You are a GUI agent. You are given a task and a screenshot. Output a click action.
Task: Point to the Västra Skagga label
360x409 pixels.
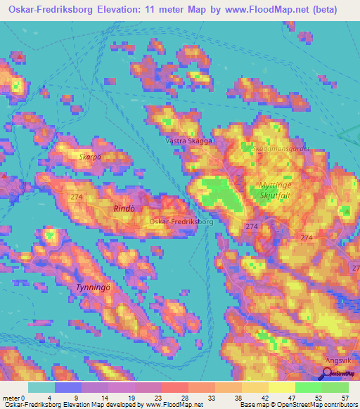click(x=188, y=141)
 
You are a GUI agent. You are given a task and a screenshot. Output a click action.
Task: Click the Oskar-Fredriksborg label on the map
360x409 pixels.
click(x=181, y=221)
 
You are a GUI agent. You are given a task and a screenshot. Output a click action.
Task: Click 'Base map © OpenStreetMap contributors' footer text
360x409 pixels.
click(x=300, y=404)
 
